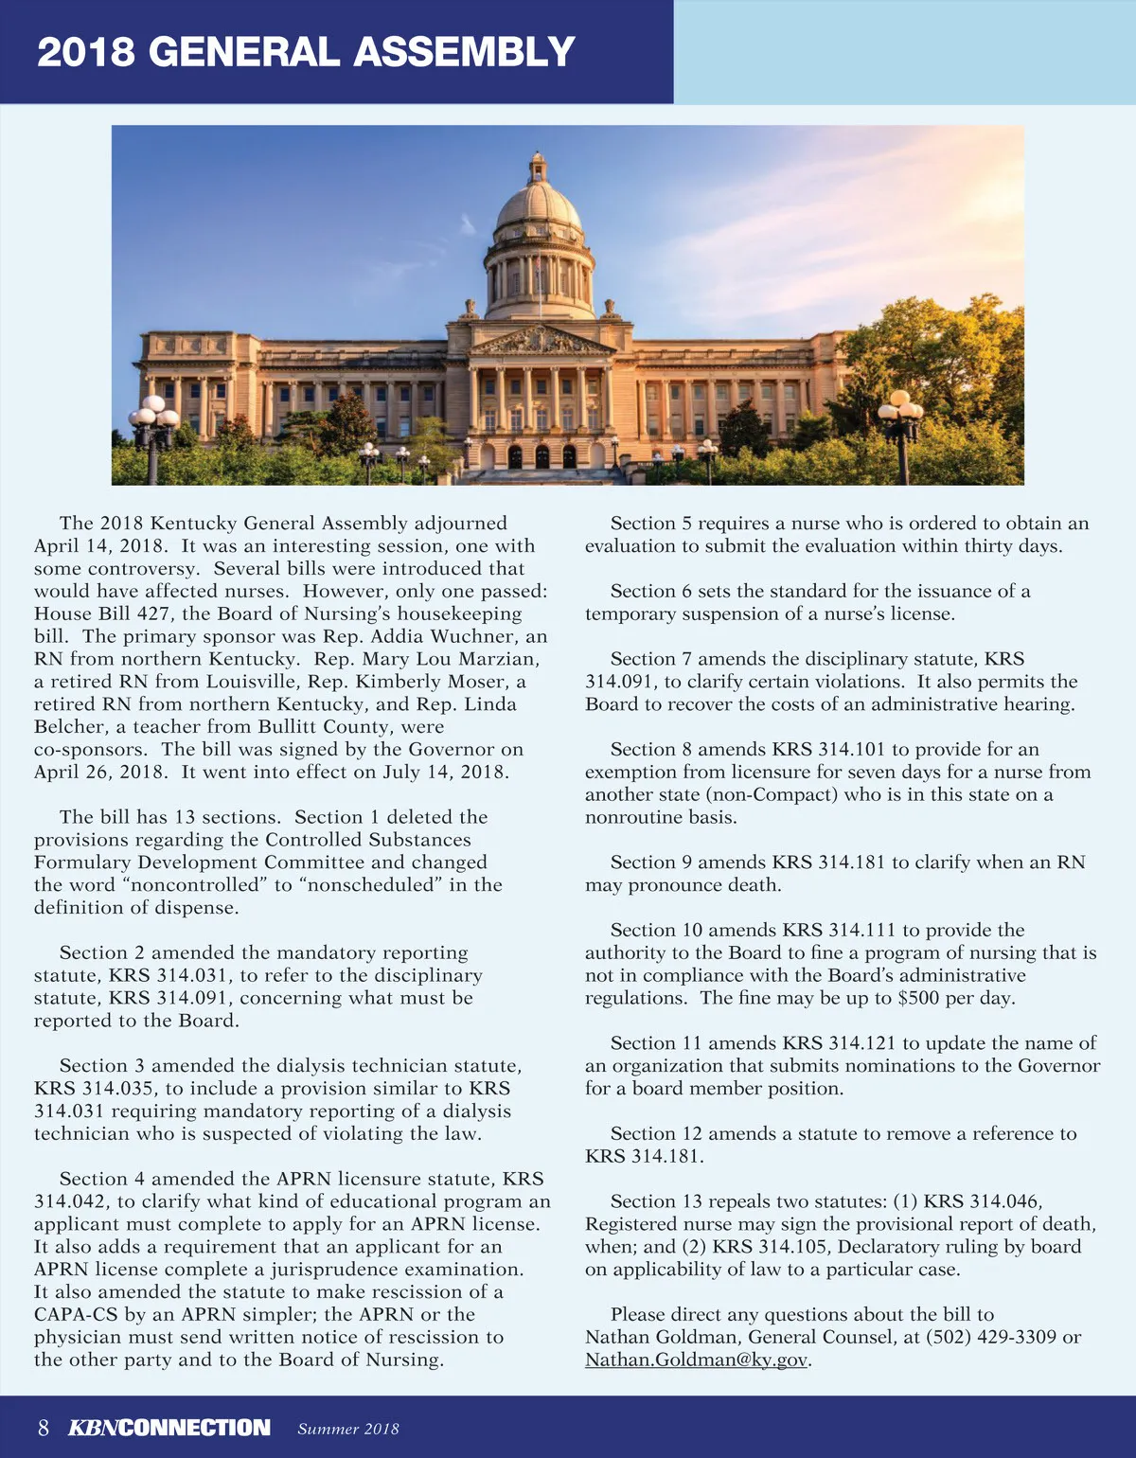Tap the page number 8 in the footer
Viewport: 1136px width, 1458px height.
coord(44,1428)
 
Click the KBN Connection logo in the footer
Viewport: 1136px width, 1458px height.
coord(169,1428)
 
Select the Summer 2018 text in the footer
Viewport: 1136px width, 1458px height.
coord(348,1429)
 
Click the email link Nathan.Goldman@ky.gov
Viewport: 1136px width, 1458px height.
coord(697,1360)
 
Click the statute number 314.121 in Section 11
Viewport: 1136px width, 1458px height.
coord(861,1042)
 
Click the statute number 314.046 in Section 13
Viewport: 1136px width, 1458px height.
coord(1003,1200)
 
